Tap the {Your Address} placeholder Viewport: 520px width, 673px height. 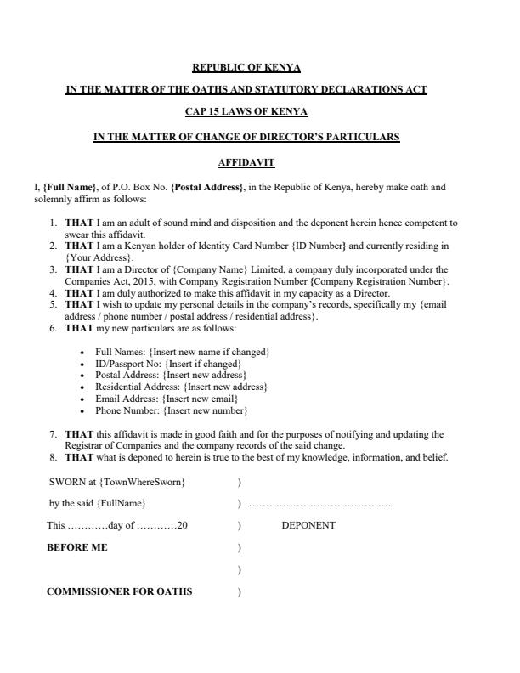click(x=99, y=257)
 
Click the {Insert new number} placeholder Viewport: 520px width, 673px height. click(x=205, y=410)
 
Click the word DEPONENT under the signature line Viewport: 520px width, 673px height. click(x=308, y=525)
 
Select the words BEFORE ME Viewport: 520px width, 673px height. click(x=76, y=547)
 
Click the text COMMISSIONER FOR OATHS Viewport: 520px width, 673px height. click(x=119, y=591)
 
